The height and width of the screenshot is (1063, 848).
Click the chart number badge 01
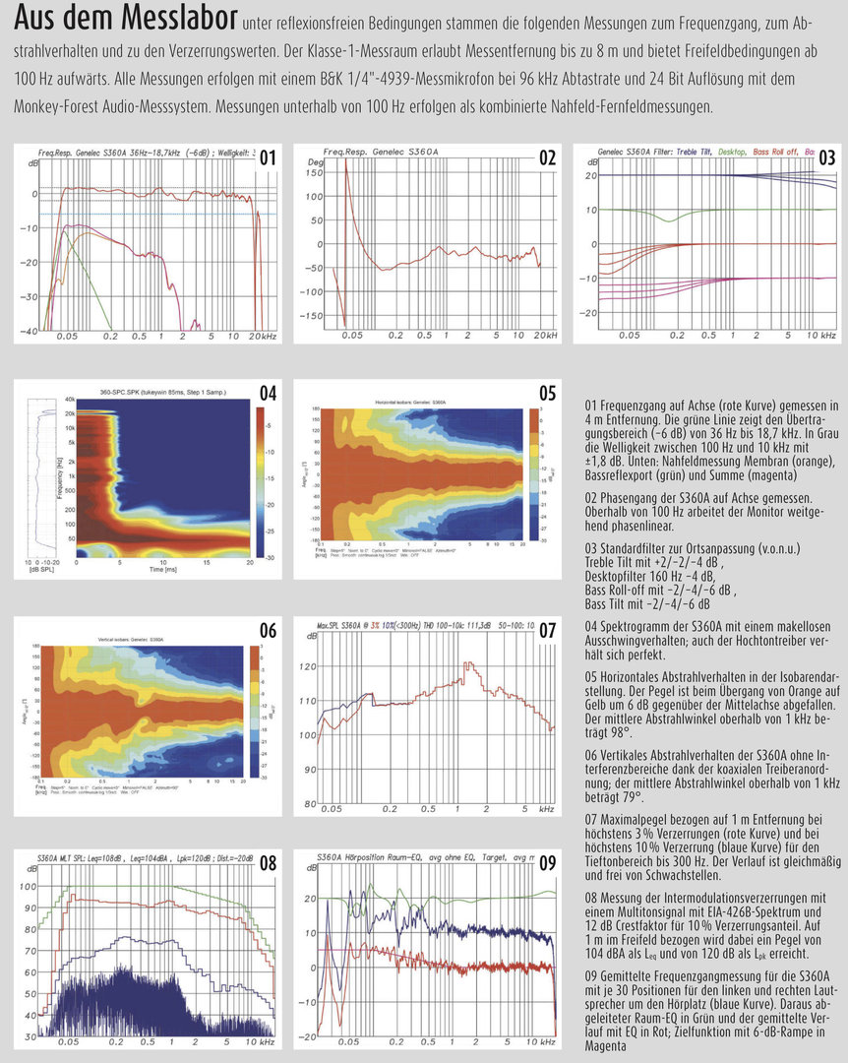tap(269, 157)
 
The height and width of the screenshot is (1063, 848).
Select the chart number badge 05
tap(548, 393)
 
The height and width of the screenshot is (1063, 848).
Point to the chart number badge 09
tap(548, 863)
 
